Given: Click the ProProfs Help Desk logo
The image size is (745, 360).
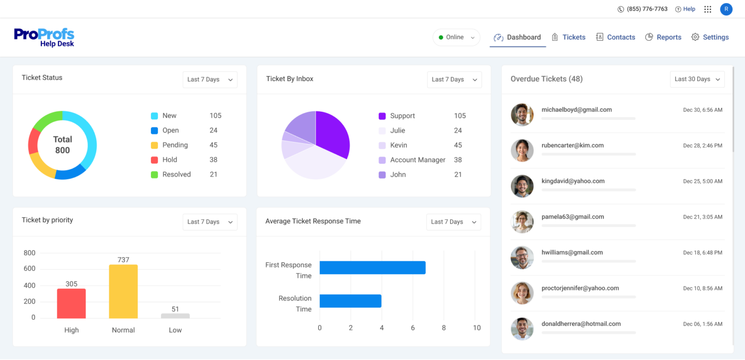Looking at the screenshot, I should (44, 38).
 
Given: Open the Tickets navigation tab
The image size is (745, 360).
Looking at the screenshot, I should (568, 37).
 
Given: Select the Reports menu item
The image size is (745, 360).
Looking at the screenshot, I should (663, 37).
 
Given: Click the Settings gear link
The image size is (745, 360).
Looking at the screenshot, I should (710, 37).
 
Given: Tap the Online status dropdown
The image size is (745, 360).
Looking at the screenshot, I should (456, 37).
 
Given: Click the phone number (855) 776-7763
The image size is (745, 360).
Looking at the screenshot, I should (647, 9).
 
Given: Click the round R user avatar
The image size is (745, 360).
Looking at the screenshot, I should (726, 9).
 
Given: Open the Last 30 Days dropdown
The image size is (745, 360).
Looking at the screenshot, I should (697, 79).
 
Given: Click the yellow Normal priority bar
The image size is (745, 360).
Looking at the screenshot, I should (123, 292).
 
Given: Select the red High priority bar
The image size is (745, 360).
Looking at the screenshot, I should (71, 304).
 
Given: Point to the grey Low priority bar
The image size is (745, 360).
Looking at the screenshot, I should (175, 316).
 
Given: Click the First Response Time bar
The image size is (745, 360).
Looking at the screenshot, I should (372, 268).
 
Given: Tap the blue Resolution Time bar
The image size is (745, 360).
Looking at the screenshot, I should (350, 301).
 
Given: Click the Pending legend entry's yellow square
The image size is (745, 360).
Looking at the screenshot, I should (155, 145).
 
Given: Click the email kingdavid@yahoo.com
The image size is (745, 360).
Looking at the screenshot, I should (573, 181).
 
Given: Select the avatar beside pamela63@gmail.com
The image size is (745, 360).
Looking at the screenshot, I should (522, 222).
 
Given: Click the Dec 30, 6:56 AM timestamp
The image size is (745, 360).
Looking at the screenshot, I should (702, 110).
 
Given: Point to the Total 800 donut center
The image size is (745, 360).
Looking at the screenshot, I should (62, 145).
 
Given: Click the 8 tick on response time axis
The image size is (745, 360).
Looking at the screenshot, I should (443, 328).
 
